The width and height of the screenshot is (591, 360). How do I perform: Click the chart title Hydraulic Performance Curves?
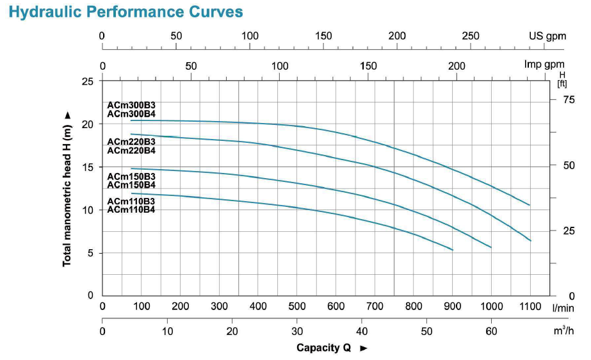(126, 12)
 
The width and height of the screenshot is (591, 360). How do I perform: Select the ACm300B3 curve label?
(131, 106)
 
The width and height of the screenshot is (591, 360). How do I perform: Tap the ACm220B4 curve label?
(131, 151)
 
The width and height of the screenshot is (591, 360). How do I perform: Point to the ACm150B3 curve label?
(131, 176)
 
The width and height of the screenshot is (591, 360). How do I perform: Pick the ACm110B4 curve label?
(131, 209)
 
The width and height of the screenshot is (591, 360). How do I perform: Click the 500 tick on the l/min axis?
(297, 306)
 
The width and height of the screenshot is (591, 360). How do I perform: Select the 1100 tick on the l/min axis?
(530, 306)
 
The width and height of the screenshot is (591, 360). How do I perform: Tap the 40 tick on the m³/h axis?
(362, 331)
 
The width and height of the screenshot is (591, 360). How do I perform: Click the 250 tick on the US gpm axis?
(471, 36)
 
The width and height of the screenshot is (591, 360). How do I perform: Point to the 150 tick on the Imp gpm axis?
(368, 65)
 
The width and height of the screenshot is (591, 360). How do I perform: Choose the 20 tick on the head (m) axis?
(88, 124)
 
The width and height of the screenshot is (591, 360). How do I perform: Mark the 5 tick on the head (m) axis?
(90, 253)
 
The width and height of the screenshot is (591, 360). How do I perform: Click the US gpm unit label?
(547, 36)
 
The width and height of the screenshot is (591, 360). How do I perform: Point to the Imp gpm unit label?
(544, 65)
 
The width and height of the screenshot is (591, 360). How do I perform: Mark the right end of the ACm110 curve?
(453, 250)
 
